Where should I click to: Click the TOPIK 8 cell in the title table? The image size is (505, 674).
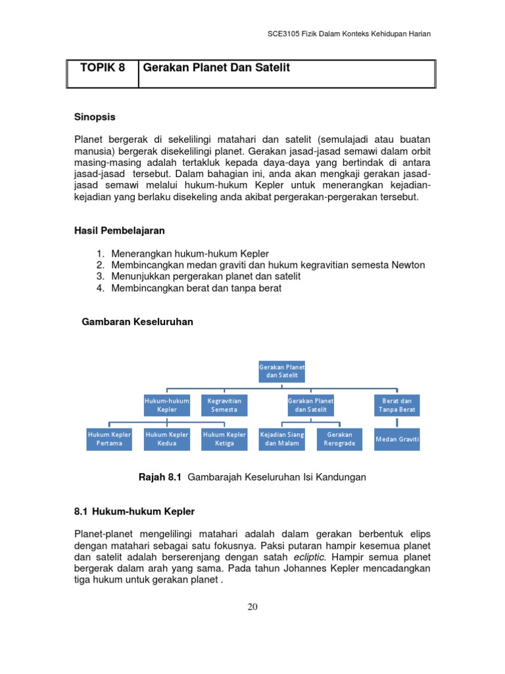pos(102,68)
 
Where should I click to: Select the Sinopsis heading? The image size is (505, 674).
pos(95,117)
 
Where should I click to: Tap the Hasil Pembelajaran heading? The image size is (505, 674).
pos(118,231)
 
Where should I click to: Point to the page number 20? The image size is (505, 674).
pos(252,607)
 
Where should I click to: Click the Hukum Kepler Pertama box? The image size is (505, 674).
pos(110,439)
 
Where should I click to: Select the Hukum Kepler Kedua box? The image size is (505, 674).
pos(167,439)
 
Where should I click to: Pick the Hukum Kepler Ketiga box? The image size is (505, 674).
pos(224,439)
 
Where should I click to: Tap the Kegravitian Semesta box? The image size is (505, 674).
pos(224,405)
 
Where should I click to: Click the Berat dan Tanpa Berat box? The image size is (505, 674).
pos(397,405)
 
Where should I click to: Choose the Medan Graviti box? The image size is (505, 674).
pos(397,439)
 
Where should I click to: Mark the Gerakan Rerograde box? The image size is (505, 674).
pos(339,439)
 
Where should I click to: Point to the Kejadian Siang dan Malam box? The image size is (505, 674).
pos(282,439)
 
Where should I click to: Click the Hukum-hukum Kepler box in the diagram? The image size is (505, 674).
pos(167,405)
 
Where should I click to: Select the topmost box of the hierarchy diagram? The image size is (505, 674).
pos(281,371)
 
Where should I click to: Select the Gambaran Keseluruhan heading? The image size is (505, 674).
pos(137,322)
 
